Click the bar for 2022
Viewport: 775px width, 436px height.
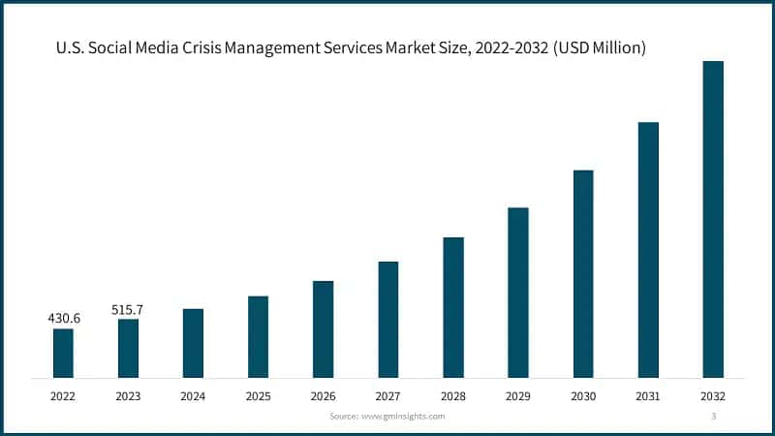click(63, 353)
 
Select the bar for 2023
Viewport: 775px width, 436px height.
click(128, 348)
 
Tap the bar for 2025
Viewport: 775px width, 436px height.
click(258, 336)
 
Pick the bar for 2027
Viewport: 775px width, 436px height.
click(388, 319)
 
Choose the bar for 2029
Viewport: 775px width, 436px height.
click(518, 292)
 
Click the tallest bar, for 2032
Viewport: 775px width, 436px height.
click(713, 219)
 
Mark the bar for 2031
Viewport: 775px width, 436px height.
click(648, 249)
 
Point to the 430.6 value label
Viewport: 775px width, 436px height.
click(63, 318)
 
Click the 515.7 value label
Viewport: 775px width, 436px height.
click(128, 309)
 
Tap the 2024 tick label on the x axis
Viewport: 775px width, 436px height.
click(193, 396)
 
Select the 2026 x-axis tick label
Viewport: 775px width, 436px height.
click(323, 396)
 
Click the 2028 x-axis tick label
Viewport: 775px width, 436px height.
click(453, 396)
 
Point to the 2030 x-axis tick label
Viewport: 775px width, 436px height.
click(583, 396)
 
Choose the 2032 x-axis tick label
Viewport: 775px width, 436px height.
click(713, 396)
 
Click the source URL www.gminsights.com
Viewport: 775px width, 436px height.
click(402, 416)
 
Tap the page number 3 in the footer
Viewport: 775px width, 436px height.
click(713, 416)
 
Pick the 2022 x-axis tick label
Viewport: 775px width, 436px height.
click(63, 396)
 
